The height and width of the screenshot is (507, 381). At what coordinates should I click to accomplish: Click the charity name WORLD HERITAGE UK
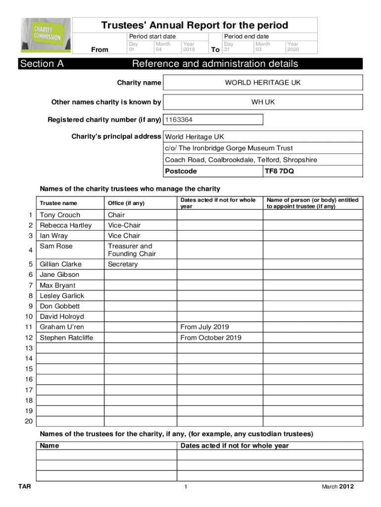point(263,83)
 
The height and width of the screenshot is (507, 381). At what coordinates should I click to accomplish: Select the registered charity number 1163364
point(179,120)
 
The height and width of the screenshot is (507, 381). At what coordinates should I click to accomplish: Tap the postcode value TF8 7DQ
point(278,171)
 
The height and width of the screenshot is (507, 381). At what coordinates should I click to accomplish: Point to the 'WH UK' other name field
point(263,102)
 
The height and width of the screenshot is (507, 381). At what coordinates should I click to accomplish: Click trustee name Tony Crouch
point(60,215)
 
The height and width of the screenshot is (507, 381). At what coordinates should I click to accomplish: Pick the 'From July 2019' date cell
point(205,327)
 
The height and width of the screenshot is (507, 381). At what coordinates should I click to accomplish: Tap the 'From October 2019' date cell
point(211,338)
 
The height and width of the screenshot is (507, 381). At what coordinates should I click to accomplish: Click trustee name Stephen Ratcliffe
point(66,338)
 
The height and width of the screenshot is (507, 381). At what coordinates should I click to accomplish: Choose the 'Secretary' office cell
point(123,264)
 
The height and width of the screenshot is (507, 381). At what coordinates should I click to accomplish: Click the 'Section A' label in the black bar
point(42,64)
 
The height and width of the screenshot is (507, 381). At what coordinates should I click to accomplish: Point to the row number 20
point(28,421)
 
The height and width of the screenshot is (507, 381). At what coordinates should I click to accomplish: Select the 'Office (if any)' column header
point(126,203)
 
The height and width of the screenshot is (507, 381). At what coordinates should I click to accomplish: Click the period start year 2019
point(189,50)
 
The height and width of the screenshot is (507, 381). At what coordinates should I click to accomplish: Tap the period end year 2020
point(293,50)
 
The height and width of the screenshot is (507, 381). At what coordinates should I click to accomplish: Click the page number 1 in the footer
point(185,487)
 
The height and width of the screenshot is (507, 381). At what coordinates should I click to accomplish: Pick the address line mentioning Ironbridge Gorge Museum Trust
point(229,148)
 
